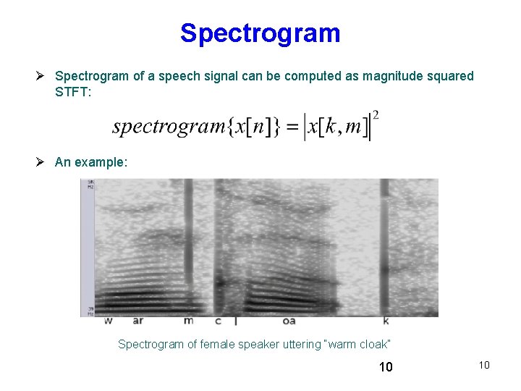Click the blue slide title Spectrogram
pyautogui.click(x=260, y=33)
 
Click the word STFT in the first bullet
pyautogui.click(x=71, y=92)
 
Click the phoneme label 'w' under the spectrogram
pyautogui.click(x=108, y=320)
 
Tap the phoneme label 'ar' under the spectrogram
pyautogui.click(x=137, y=320)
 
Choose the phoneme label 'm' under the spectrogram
pyautogui.click(x=189, y=320)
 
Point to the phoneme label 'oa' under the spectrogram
pyautogui.click(x=289, y=320)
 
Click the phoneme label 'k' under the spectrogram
pyautogui.click(x=386, y=320)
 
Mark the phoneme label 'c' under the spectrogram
pyautogui.click(x=218, y=320)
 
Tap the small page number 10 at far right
pyautogui.click(x=484, y=365)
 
